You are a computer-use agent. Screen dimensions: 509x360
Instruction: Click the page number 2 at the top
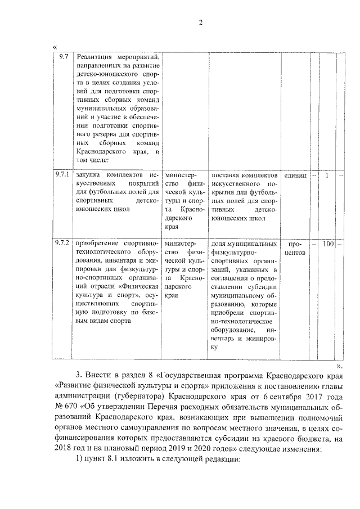pos(199,22)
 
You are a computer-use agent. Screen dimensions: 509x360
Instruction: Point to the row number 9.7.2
pos(62,244)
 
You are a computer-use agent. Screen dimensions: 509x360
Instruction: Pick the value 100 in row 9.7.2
pos(328,244)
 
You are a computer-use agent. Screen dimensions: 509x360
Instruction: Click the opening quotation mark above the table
pos(54,46)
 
